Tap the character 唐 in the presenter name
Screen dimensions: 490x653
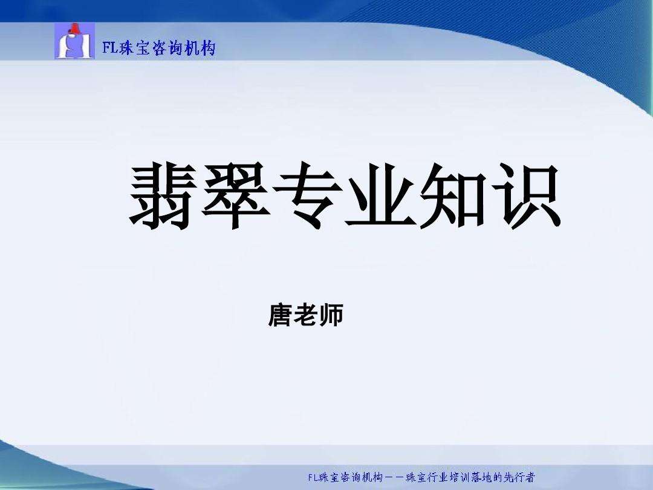pyautogui.click(x=280, y=316)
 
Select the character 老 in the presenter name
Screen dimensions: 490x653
pyautogui.click(x=305, y=316)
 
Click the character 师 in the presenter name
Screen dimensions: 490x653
pyautogui.click(x=331, y=316)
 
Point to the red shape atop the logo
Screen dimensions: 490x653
pyautogui.click(x=75, y=28)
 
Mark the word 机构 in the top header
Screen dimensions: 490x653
pyautogui.click(x=200, y=48)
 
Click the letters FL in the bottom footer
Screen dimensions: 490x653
pyautogui.click(x=313, y=478)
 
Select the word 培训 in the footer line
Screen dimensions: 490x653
pyautogui.click(x=457, y=478)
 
